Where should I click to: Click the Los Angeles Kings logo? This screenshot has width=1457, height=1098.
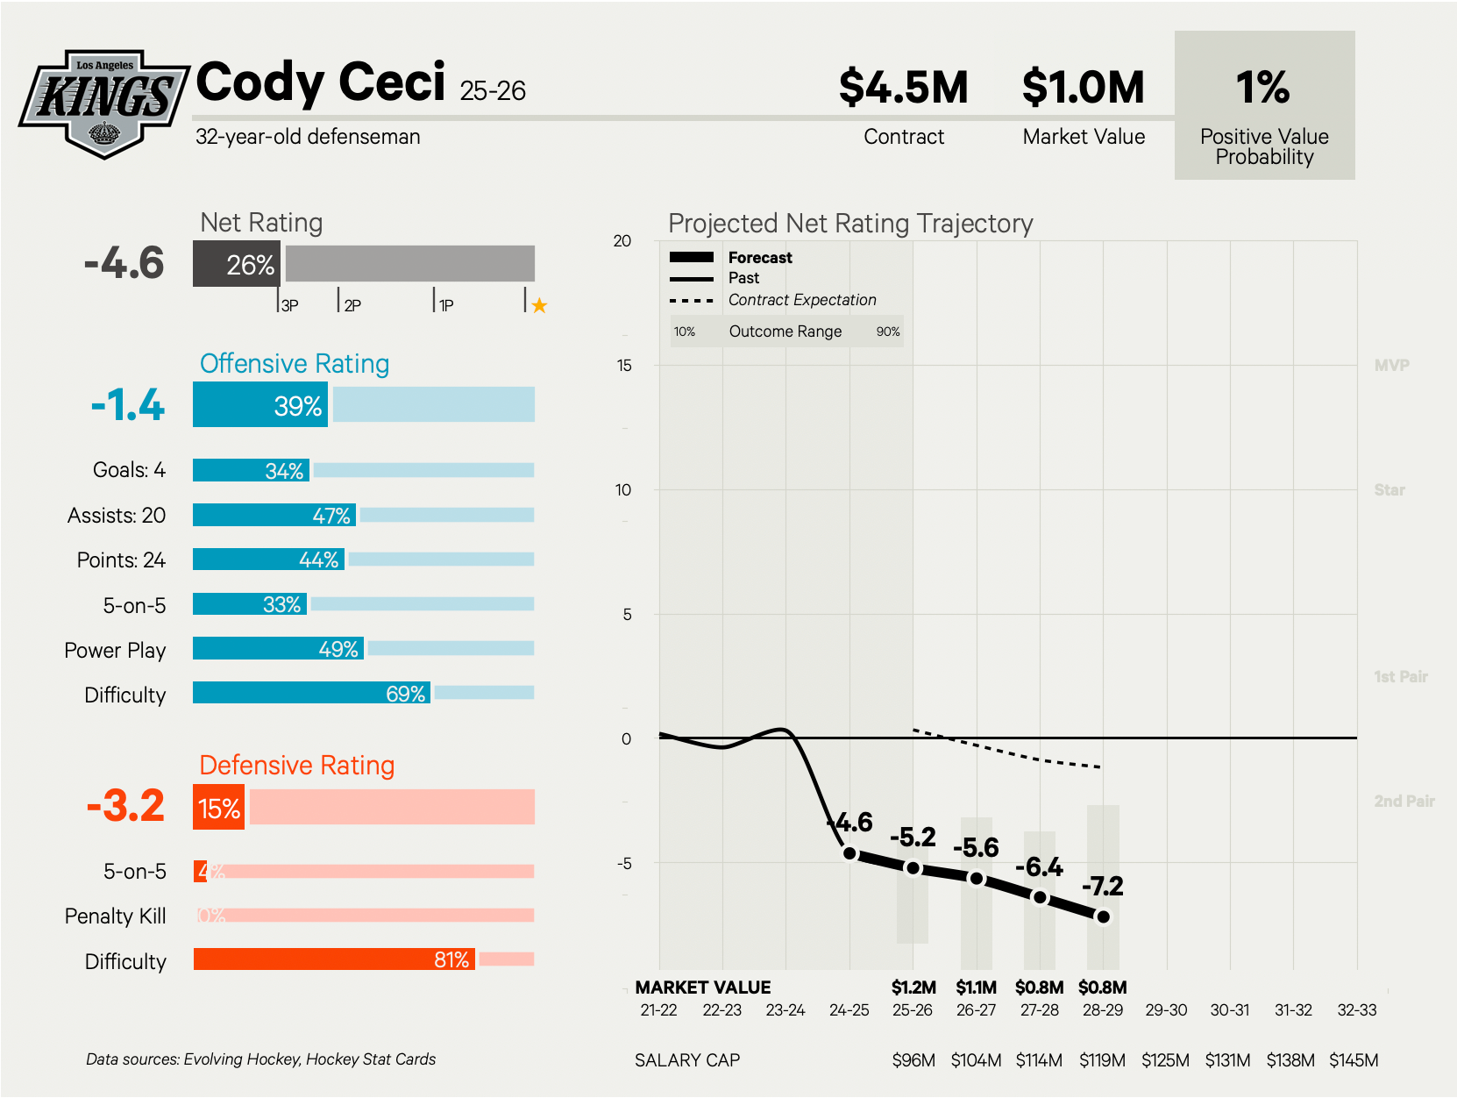tap(104, 103)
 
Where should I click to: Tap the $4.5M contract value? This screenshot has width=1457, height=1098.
tap(903, 88)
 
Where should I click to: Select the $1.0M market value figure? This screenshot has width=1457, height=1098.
tap(1083, 88)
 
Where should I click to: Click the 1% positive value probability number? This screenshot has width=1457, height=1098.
tap(1262, 88)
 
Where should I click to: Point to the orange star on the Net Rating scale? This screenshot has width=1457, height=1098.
tap(539, 305)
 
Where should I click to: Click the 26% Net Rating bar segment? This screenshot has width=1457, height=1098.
tap(236, 265)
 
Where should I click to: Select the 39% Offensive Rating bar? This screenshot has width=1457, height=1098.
tap(260, 406)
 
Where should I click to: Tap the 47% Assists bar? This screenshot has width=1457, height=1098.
tap(274, 515)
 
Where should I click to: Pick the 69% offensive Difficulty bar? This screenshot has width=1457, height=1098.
tap(311, 693)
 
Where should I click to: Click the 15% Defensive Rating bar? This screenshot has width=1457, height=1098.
tap(218, 808)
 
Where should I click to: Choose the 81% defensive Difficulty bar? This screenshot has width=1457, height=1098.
tap(333, 959)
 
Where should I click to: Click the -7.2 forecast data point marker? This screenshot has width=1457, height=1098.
tap(1103, 916)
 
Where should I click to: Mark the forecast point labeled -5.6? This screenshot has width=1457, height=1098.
tap(976, 878)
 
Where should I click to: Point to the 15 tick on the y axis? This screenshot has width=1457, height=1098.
tap(623, 366)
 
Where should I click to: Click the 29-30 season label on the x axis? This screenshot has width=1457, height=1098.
tap(1166, 1010)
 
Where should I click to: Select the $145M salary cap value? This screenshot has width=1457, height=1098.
tap(1354, 1060)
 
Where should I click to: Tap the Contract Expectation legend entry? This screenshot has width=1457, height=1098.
tap(801, 300)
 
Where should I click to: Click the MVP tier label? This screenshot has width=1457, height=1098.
tap(1391, 366)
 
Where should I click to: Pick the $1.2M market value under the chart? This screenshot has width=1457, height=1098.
tap(913, 987)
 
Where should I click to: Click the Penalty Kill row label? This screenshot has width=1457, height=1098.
tap(115, 916)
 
